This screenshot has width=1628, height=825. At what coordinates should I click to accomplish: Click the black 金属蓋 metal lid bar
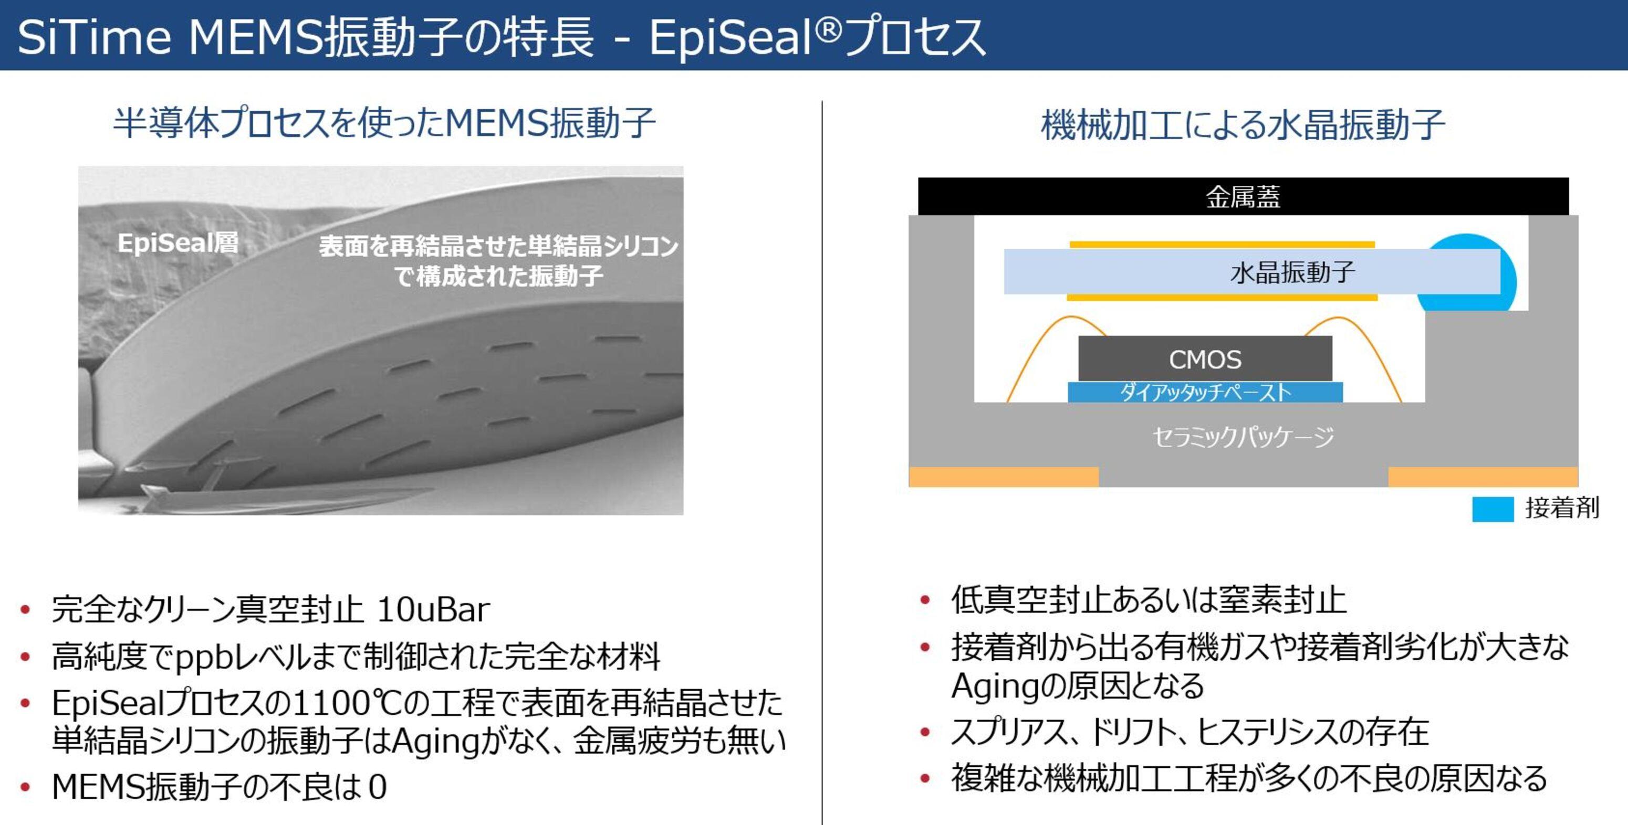coord(1243,196)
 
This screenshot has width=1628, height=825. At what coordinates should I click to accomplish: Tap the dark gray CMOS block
coord(1205,359)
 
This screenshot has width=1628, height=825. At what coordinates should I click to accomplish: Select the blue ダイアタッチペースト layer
coord(1205,392)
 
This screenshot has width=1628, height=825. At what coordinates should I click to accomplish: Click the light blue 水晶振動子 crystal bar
coord(1251,272)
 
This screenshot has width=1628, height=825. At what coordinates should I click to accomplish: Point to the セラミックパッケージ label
coord(1243,437)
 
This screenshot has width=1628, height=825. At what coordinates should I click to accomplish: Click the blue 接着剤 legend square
coord(1492,509)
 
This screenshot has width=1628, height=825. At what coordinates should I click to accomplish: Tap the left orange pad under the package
coord(1003,477)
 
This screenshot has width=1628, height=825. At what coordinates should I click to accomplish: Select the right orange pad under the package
coord(1482,477)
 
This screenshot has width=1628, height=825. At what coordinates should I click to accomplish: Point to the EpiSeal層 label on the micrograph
coord(178,242)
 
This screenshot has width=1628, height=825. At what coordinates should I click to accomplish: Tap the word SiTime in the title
coord(94,37)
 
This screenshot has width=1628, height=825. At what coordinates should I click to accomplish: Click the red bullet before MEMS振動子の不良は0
coord(25,787)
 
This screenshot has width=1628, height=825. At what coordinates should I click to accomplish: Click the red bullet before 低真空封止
coord(925,600)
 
